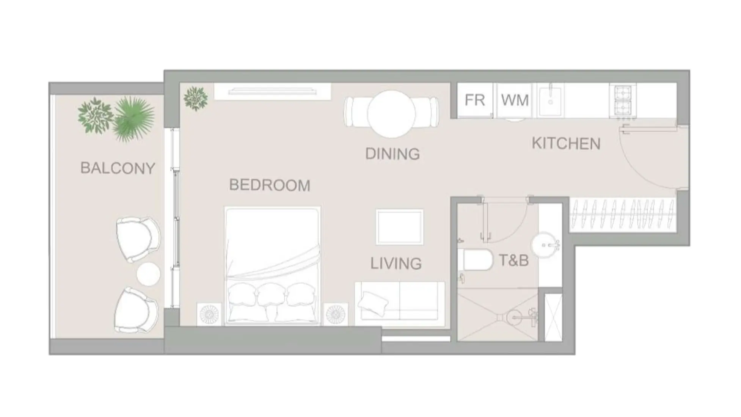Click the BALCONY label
[x=118, y=168]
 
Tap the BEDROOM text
[x=270, y=185]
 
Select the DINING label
[x=392, y=154]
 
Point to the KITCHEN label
[x=566, y=143]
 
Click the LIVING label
[x=396, y=263]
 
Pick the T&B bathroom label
[x=514, y=260]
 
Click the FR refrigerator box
[x=475, y=100]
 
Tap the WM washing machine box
[x=515, y=100]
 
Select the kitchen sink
[x=551, y=100]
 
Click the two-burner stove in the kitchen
[x=623, y=100]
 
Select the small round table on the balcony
[x=148, y=274]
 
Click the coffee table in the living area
[x=400, y=227]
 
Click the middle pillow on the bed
[x=271, y=295]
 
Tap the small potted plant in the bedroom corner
[x=196, y=99]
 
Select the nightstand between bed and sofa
[x=336, y=314]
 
